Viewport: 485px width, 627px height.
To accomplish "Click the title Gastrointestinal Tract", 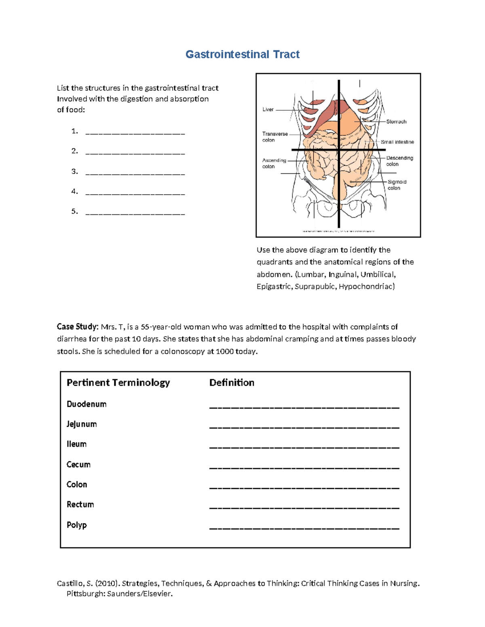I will [242, 55].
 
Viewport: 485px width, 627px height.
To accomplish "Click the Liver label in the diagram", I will [268, 109].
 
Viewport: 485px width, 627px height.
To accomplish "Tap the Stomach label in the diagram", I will [396, 122].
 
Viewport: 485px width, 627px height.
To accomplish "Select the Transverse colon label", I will [275, 137].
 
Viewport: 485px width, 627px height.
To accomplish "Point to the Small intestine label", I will [397, 142].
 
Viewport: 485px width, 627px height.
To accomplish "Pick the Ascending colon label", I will [274, 164].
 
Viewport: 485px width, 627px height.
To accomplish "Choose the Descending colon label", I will [399, 161].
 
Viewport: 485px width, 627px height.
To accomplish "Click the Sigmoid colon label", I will [396, 185].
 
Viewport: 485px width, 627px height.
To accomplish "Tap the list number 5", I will [74, 211].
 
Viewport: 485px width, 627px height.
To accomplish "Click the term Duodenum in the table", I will [86, 404].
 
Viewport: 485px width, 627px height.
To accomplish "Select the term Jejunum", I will [82, 424].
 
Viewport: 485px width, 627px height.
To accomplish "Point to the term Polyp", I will [77, 525].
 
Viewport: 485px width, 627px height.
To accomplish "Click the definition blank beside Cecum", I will [304, 468].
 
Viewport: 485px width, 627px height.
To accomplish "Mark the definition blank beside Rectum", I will [304, 507].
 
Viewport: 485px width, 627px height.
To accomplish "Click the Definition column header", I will [232, 383].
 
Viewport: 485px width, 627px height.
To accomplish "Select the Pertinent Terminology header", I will [118, 383].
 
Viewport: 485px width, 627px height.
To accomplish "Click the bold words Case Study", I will [77, 327].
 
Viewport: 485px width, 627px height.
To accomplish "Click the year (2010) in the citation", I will [107, 583].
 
